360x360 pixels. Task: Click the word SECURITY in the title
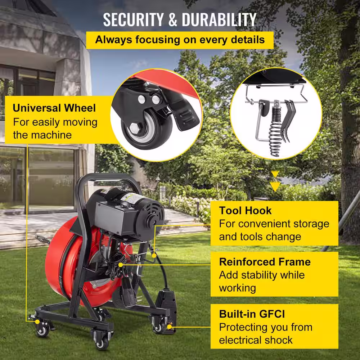134,19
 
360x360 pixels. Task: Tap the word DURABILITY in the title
219,19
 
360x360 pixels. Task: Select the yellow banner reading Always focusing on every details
180,40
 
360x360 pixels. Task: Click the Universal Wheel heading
54,108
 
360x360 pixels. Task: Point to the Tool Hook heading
245,211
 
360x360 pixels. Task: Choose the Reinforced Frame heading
265,262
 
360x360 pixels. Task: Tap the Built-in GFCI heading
252,314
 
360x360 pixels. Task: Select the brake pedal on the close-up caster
184,115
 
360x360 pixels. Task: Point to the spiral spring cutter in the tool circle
275,131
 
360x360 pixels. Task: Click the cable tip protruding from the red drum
42,239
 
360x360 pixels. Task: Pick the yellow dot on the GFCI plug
170,327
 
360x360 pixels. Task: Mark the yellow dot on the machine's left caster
37,321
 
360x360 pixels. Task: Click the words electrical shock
256,340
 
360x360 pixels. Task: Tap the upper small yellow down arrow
275,174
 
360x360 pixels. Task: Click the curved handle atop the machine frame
108,178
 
